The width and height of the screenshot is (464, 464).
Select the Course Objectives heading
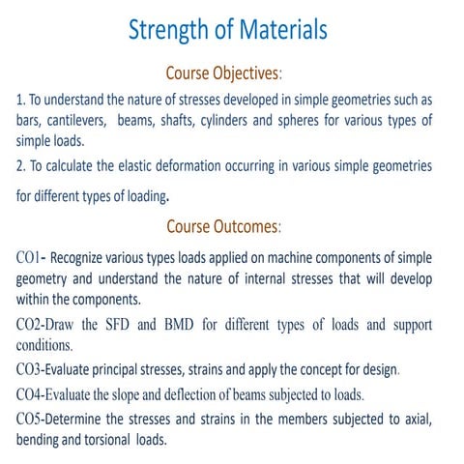click(223, 72)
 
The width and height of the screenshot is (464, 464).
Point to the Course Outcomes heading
click(223, 227)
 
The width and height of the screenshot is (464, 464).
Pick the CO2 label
click(31, 324)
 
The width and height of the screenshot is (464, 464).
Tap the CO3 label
click(31, 368)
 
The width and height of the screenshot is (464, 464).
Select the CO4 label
click(31, 393)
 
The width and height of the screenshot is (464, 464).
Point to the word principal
click(145, 368)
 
